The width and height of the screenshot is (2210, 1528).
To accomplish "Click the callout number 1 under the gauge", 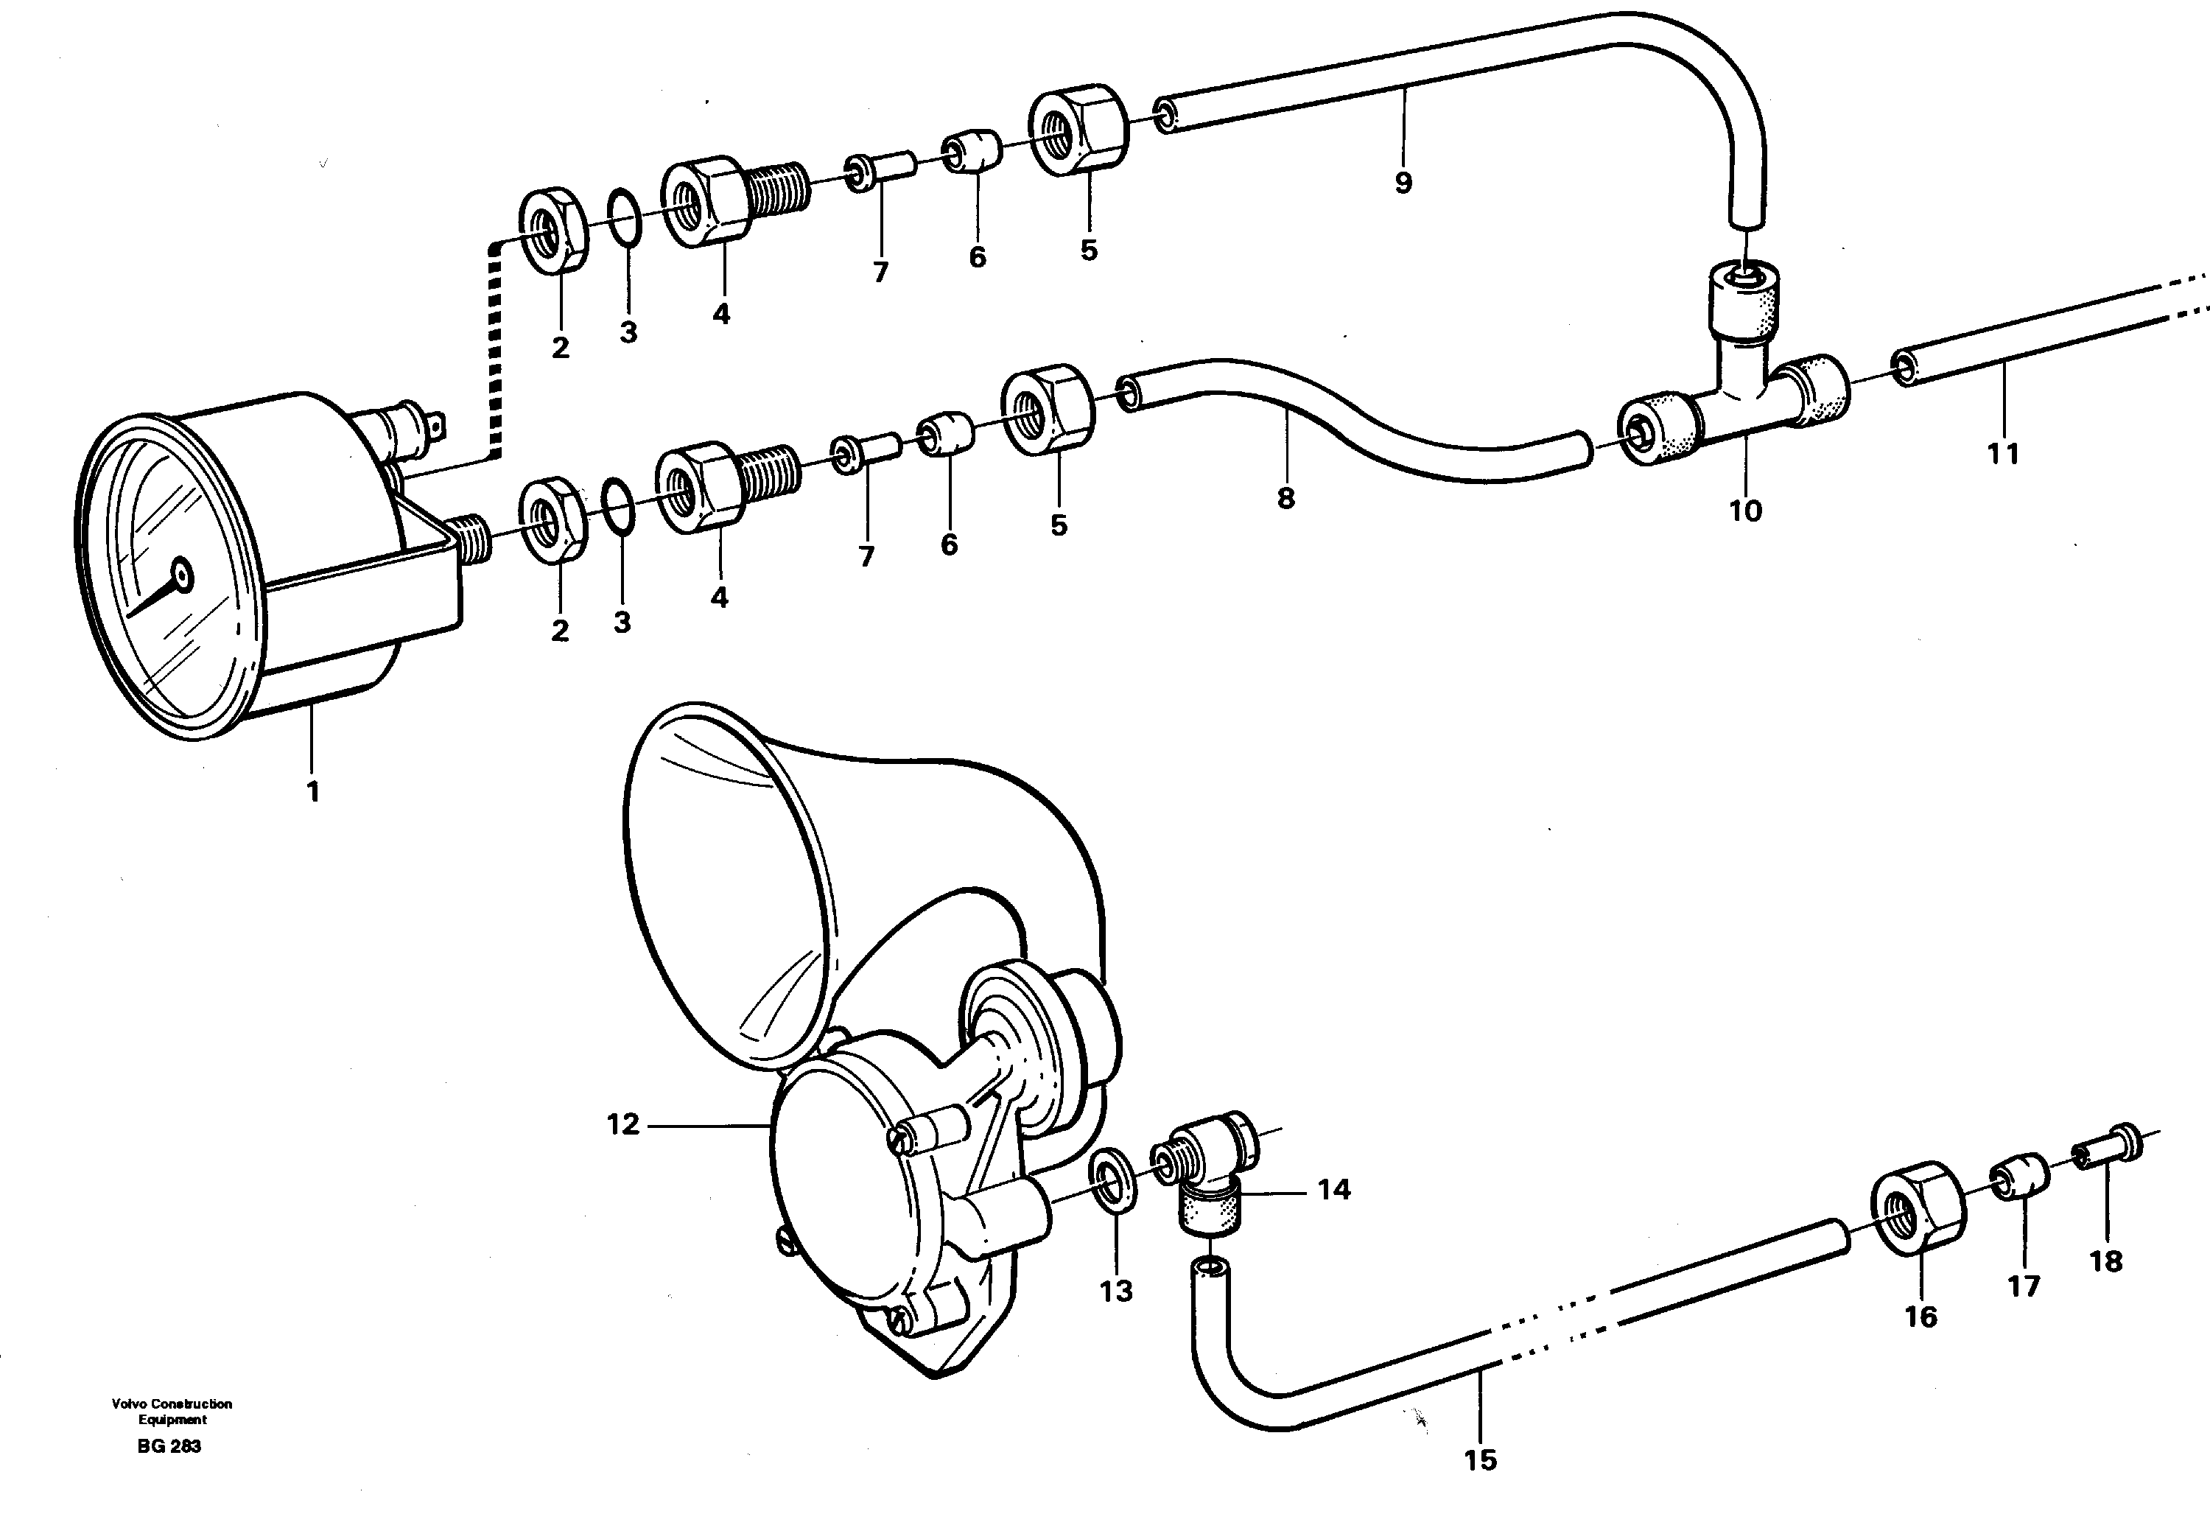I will (x=312, y=792).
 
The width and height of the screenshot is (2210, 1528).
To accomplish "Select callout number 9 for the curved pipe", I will (x=1403, y=183).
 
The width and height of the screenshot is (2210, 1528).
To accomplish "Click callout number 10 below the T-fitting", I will (x=1745, y=511).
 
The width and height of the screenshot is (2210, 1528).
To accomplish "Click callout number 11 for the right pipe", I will (x=2003, y=453).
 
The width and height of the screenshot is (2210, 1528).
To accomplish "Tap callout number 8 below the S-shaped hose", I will (x=1285, y=498).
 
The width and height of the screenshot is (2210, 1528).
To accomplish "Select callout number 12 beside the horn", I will (x=623, y=1124).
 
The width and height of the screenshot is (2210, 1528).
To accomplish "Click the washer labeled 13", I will (x=1112, y=1190).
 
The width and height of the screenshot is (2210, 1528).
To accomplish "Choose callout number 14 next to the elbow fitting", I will (x=1334, y=1190).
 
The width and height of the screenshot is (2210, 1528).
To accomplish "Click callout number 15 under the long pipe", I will (x=1480, y=1460).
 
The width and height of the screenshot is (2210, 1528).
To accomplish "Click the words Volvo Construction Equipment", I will (x=172, y=1411).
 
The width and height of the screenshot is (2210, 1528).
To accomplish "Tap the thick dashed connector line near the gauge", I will (x=494, y=354).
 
